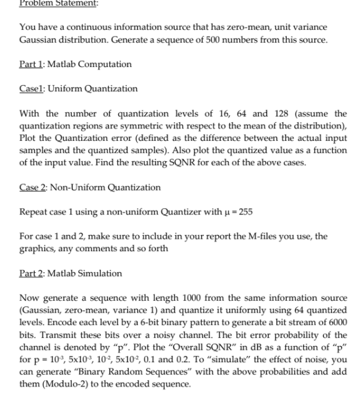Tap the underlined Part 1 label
[x=32, y=64]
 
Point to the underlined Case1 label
[x=33, y=89]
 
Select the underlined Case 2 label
[x=35, y=187]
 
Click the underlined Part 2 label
[x=32, y=273]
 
